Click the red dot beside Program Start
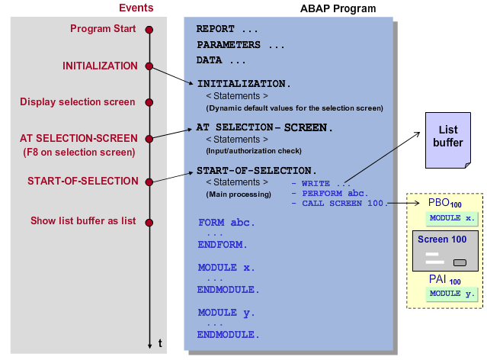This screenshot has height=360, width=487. [x=149, y=29]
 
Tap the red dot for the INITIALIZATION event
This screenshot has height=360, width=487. [x=149, y=66]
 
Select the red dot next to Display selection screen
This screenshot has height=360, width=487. [x=149, y=101]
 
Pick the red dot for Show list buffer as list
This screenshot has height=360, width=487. [x=149, y=222]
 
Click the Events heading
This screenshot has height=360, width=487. [x=136, y=8]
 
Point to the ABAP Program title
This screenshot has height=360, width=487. [x=338, y=9]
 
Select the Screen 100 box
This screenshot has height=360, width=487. [x=447, y=251]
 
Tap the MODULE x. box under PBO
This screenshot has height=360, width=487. [x=451, y=219]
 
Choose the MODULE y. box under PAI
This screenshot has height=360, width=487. [x=451, y=294]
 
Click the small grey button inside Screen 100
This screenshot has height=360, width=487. [x=460, y=262]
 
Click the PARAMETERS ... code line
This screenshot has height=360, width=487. [x=240, y=45]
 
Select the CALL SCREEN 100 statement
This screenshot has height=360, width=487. [x=345, y=204]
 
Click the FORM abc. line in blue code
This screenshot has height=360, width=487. [x=226, y=223]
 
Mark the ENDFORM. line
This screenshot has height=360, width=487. [x=223, y=246]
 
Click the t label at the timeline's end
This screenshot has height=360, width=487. [x=160, y=343]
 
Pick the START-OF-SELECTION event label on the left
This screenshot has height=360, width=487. [x=83, y=182]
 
